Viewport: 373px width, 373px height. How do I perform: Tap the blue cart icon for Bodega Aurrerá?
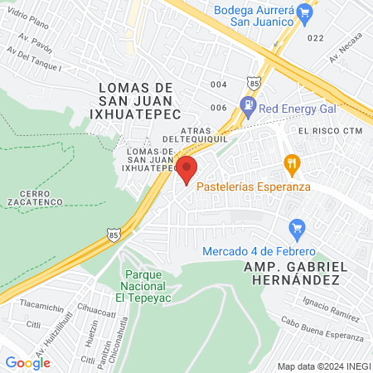[304, 12]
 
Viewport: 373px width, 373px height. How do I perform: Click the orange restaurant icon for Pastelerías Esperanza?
[291, 163]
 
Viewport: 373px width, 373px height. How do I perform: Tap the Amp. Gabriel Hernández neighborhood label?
[292, 274]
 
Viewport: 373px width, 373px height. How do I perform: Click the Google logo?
[27, 362]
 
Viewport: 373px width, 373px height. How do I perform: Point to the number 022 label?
[315, 38]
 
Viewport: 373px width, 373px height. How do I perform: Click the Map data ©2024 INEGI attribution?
[322, 366]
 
